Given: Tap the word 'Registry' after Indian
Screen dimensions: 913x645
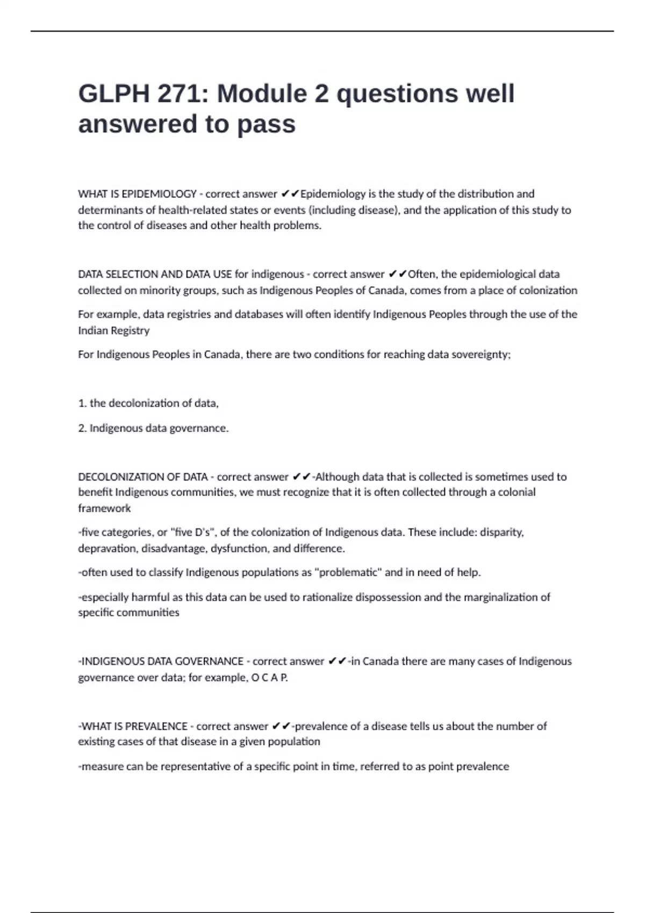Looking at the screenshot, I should coord(130,331).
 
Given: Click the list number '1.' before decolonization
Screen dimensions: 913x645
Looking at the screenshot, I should coord(82,403).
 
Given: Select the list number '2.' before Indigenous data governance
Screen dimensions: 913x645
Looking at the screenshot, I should coord(82,429).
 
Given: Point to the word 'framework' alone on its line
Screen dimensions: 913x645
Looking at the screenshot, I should coord(104,509).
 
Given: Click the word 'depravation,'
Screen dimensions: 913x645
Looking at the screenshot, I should coord(107,549).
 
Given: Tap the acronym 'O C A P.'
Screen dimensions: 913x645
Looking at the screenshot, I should coord(270,678).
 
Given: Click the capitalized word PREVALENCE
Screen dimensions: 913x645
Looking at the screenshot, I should coord(156,727).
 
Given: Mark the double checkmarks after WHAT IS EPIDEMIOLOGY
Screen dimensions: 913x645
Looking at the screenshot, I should coord(290,194).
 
